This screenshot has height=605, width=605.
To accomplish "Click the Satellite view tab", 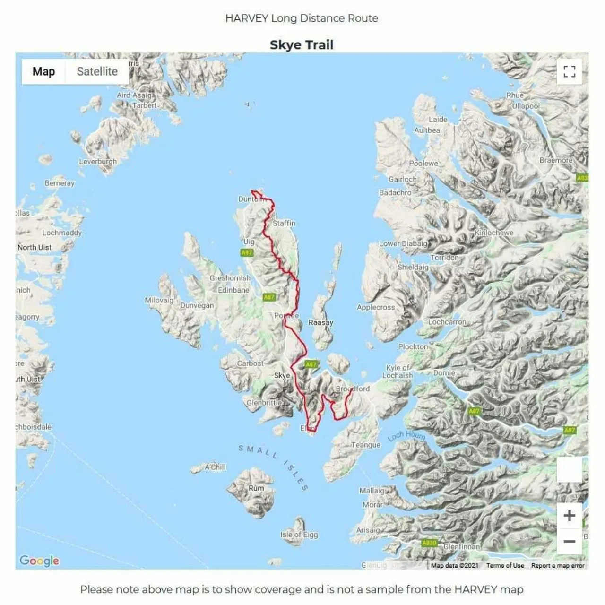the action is [97, 71].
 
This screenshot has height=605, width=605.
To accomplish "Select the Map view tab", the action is [43, 71].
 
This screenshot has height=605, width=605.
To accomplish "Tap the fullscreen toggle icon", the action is [569, 71].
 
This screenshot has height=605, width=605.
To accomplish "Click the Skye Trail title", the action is [302, 45].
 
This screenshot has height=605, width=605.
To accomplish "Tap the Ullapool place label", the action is [526, 106].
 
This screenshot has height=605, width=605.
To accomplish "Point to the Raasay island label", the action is [320, 322].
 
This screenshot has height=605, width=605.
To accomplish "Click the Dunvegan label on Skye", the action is [197, 305].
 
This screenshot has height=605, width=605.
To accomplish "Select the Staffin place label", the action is [284, 223].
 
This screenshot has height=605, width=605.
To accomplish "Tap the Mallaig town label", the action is [372, 491].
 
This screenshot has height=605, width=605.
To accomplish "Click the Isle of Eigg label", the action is [299, 535].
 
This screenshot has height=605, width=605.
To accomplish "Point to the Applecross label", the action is [375, 307].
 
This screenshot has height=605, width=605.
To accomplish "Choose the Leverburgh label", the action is [98, 161].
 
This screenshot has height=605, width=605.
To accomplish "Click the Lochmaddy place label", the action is [62, 233].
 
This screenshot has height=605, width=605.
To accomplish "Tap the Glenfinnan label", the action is [461, 546].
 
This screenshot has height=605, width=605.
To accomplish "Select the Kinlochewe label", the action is [494, 233].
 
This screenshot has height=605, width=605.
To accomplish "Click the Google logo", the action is [39, 561].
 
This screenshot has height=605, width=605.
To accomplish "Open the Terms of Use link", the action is [505, 565].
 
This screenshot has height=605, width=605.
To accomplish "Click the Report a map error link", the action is [558, 565].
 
